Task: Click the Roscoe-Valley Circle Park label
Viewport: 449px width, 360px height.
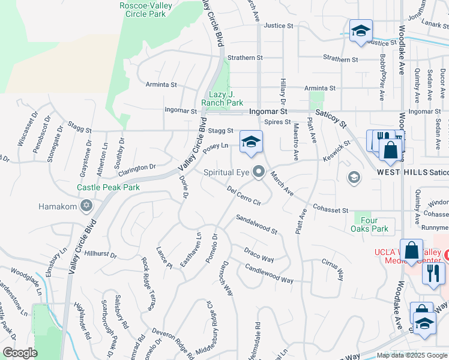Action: click(x=146, y=9)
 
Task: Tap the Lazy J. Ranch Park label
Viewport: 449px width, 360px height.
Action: click(x=222, y=98)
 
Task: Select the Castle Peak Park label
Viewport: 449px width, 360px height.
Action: click(x=108, y=187)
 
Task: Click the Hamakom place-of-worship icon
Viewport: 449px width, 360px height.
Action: click(x=86, y=206)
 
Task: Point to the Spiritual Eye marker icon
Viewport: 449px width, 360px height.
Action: click(x=259, y=172)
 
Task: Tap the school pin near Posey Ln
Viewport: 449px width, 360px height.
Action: click(x=252, y=142)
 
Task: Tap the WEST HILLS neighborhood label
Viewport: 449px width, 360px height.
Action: click(x=402, y=172)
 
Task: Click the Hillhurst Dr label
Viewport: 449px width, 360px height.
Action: click(x=100, y=254)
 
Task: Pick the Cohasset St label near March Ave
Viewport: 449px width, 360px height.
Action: click(x=330, y=210)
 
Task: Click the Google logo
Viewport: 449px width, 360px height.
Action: click(x=20, y=353)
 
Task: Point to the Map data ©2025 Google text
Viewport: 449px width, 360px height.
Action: click(x=411, y=355)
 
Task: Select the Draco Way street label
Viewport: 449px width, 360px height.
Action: click(x=259, y=254)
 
